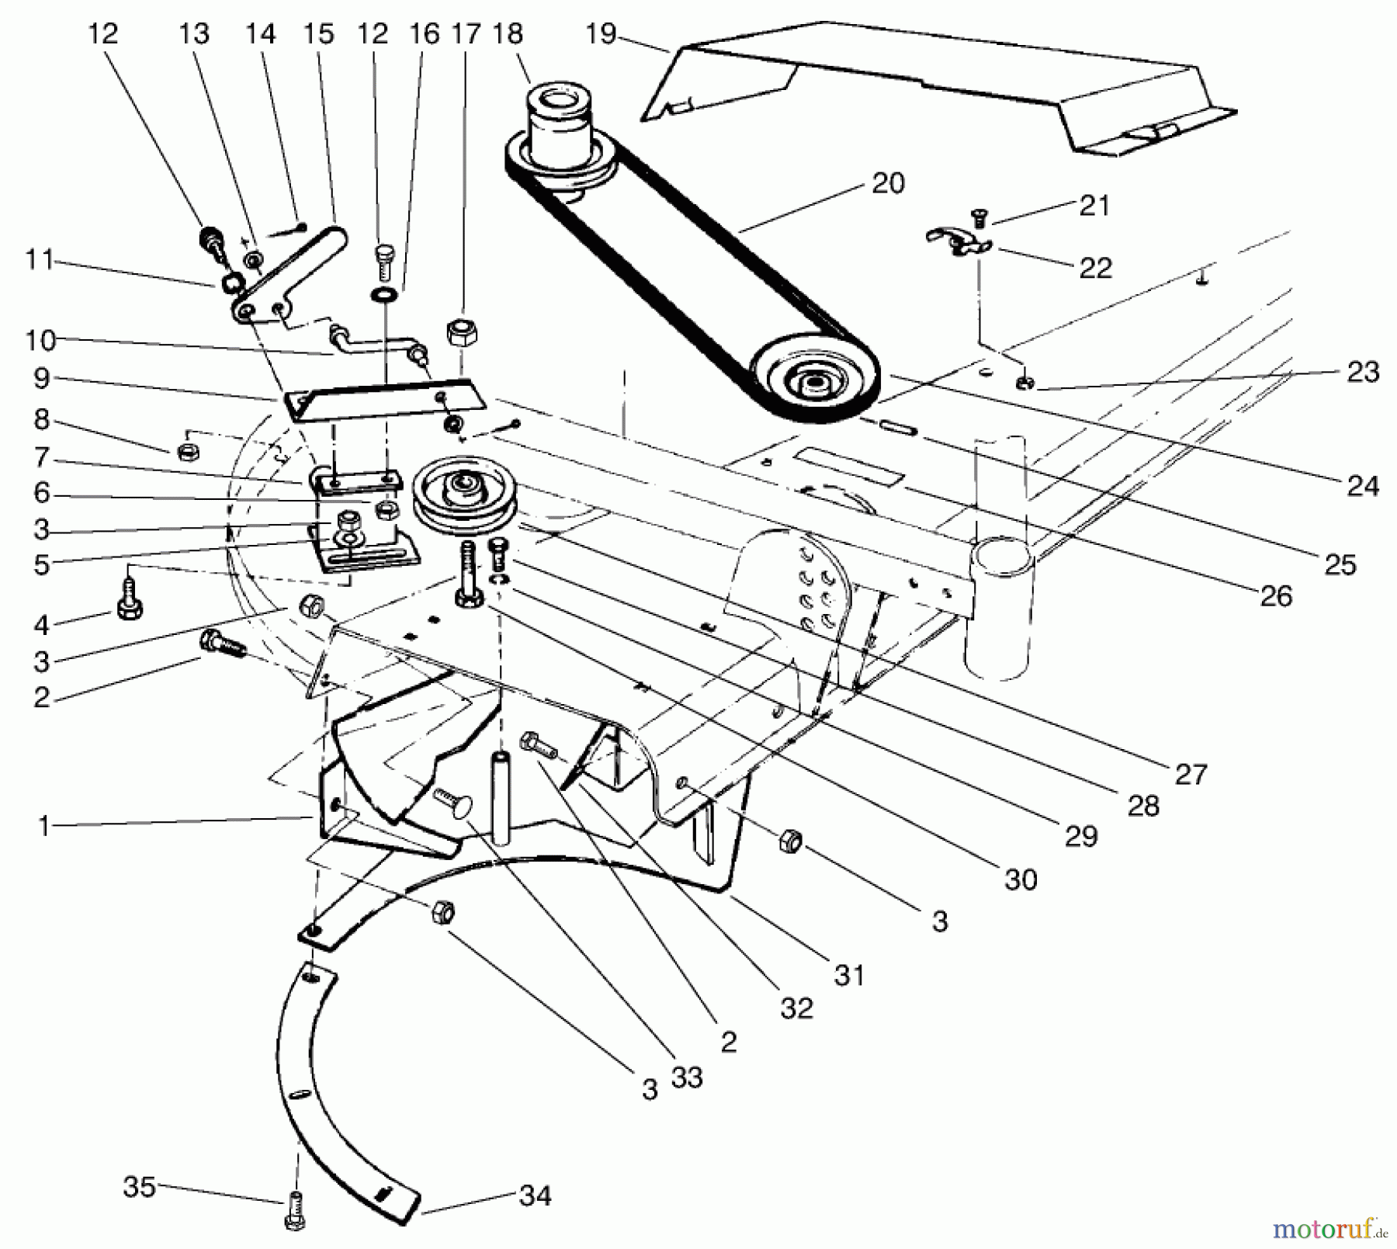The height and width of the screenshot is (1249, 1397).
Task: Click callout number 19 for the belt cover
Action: pos(601,34)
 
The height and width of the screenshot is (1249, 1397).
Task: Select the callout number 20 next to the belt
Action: pos(888,184)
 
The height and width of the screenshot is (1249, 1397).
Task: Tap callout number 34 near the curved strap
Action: pos(535,1195)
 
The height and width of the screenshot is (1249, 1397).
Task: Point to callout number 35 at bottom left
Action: pos(140,1187)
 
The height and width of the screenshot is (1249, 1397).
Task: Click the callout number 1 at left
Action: pos(44,826)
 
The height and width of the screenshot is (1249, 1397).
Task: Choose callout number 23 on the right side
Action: pos(1363,373)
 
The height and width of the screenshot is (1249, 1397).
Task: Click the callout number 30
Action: pos(1021,880)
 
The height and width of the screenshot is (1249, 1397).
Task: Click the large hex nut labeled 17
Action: pos(462,334)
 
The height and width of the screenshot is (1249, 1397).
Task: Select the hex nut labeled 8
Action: pos(185,452)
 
